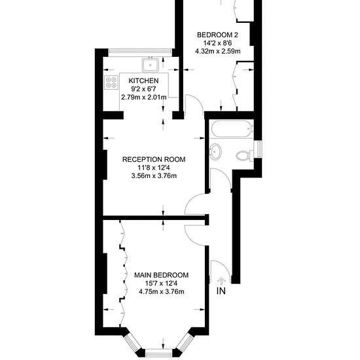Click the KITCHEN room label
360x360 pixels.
(143, 81)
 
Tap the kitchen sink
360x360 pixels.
(151, 64)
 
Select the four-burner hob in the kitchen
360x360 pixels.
(111, 82)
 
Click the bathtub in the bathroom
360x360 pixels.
(232, 129)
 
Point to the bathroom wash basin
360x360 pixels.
(215, 152)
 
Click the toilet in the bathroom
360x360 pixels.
(245, 155)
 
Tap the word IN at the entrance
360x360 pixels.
(221, 291)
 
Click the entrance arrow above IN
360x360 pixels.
(221, 280)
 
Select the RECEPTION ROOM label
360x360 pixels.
(154, 159)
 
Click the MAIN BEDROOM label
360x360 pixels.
(162, 275)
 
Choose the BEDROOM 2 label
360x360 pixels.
(218, 35)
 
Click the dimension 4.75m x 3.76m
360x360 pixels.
(162, 291)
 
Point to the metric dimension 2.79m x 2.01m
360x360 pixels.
(144, 98)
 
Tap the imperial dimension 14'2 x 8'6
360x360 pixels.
(218, 43)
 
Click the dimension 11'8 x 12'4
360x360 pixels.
(154, 168)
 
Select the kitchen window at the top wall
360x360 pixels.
(140, 52)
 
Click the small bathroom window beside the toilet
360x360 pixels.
(259, 149)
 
